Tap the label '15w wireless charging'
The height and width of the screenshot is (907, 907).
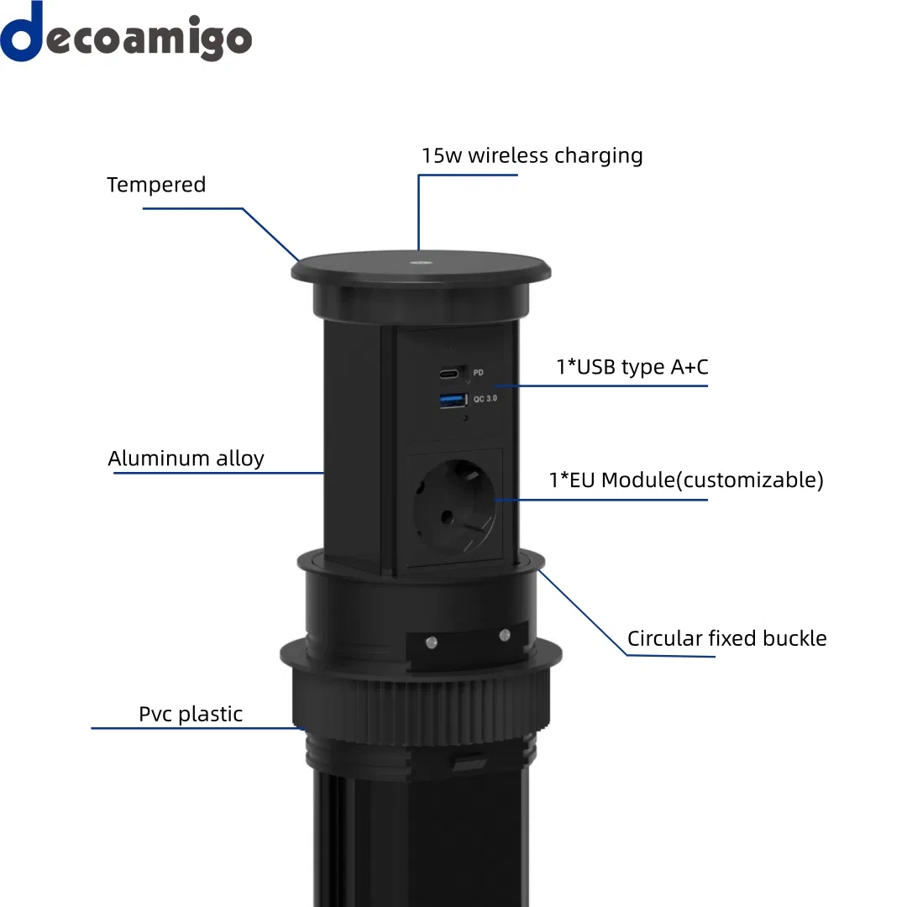(532, 155)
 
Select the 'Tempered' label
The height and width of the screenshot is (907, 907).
(156, 185)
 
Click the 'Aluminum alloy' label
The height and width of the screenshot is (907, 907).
(186, 459)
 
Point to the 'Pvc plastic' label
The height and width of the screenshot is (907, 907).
(191, 715)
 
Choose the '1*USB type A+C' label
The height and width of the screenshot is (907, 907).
(632, 367)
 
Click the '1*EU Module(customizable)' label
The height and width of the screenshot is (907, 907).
(686, 480)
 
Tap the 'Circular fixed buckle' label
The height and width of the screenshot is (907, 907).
(727, 638)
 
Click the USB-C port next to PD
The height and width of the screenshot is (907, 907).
(448, 374)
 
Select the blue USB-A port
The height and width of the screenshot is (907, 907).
(453, 400)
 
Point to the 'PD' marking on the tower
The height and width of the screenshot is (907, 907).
(479, 373)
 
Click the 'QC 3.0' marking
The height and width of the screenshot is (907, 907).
(485, 399)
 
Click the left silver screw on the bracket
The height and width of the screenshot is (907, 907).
(432, 642)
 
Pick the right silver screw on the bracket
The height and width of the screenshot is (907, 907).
(505, 636)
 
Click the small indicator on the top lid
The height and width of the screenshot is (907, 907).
(421, 263)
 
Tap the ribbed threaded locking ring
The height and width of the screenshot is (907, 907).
(421, 710)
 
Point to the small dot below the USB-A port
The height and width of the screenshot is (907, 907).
(465, 417)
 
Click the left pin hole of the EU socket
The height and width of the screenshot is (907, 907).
(447, 516)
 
